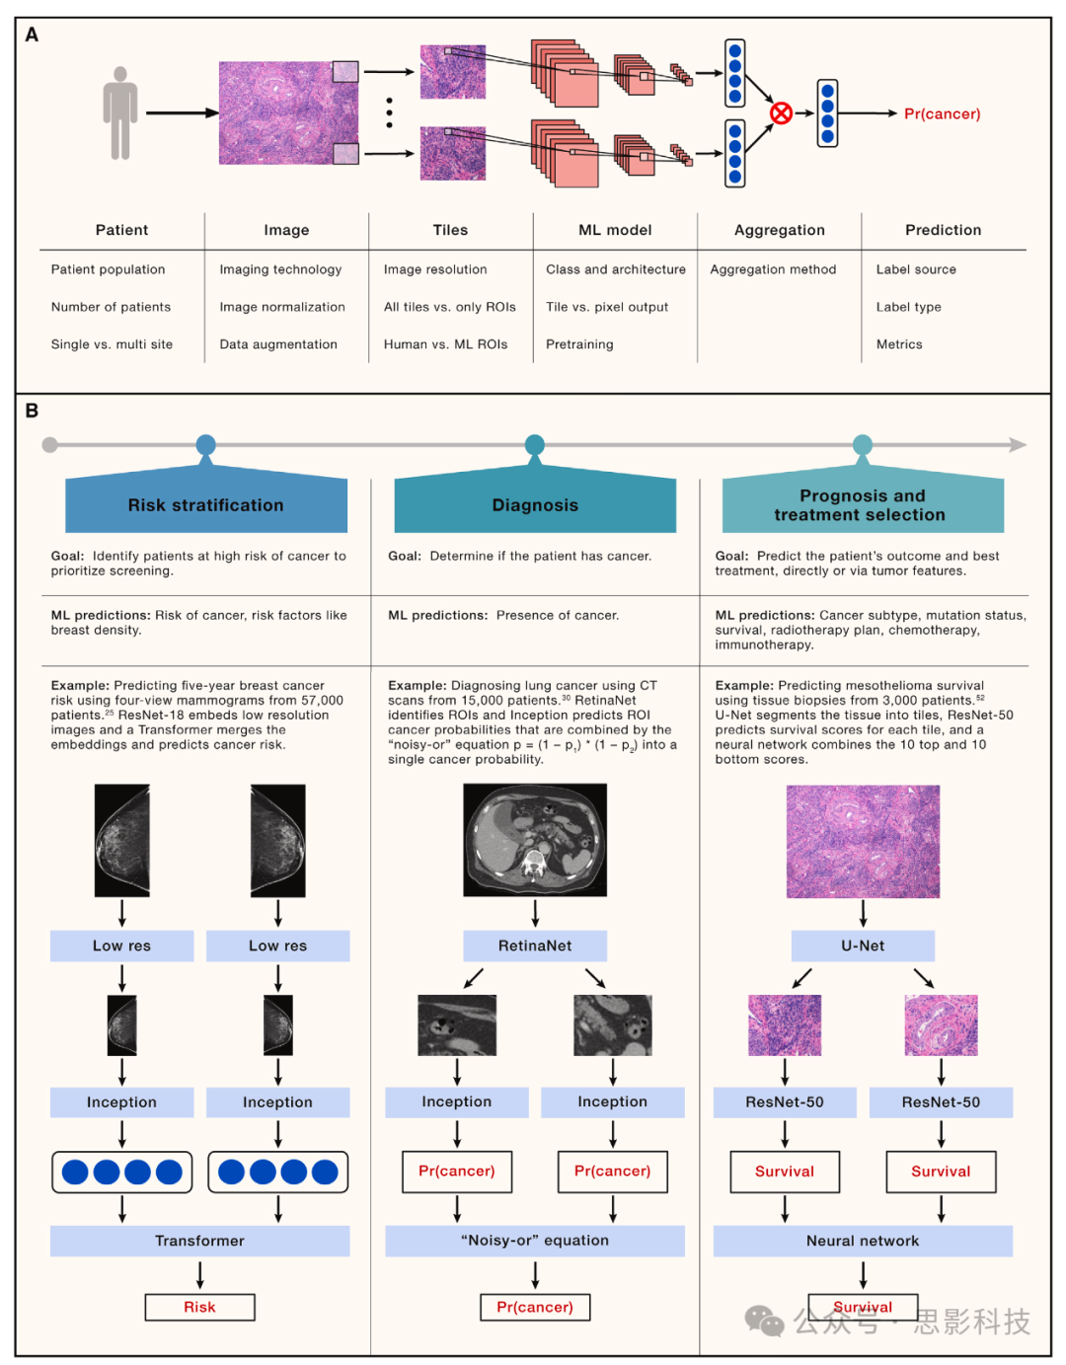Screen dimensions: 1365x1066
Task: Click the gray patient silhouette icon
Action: pyautogui.click(x=120, y=113)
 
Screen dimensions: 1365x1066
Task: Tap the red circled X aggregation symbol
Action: pyautogui.click(x=781, y=114)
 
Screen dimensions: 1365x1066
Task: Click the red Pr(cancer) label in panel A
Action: pyautogui.click(x=942, y=114)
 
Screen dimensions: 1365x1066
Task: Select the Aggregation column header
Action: pyautogui.click(x=779, y=230)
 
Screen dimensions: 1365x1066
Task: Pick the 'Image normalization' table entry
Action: pyautogui.click(x=282, y=307)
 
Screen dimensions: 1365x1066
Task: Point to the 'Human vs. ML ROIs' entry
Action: pyautogui.click(x=445, y=344)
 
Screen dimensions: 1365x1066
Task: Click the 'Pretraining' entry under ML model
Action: pyautogui.click(x=579, y=344)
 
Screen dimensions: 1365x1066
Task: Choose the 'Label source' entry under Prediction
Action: pyautogui.click(x=916, y=269)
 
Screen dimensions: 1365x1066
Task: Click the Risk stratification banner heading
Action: pyautogui.click(x=205, y=505)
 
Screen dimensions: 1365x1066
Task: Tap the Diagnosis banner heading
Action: pyautogui.click(x=535, y=505)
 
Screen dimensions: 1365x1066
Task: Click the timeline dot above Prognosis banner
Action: pyautogui.click(x=863, y=445)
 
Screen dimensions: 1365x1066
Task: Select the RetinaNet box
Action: pyautogui.click(x=535, y=946)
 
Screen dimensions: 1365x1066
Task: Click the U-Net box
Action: pyautogui.click(x=863, y=946)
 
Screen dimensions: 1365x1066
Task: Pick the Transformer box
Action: pyautogui.click(x=199, y=1241)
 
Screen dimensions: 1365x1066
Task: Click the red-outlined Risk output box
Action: pyautogui.click(x=199, y=1307)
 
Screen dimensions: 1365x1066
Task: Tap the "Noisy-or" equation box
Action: pyautogui.click(x=535, y=1241)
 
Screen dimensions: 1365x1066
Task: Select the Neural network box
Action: pyautogui.click(x=863, y=1241)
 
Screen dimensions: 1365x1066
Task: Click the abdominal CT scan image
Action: pyautogui.click(x=535, y=840)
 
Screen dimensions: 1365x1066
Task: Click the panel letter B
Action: pyautogui.click(x=32, y=411)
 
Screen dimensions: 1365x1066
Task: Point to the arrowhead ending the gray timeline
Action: pyautogui.click(x=1018, y=445)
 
